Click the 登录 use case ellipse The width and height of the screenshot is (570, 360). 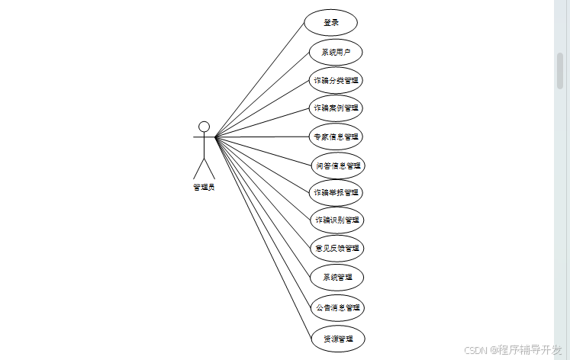pyautogui.click(x=330, y=22)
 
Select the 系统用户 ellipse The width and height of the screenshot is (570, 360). pyautogui.click(x=335, y=52)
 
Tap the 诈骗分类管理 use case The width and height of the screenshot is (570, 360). pyautogui.click(x=336, y=80)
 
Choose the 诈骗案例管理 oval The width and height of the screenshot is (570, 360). pyautogui.click(x=336, y=108)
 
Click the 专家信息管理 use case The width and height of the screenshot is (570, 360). pyautogui.click(x=336, y=137)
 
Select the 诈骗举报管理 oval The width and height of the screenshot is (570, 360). pyautogui.click(x=336, y=192)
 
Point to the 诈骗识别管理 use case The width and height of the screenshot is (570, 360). pyautogui.click(x=337, y=220)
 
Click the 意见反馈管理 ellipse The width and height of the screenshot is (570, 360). pyautogui.click(x=337, y=248)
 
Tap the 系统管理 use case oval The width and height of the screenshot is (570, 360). pyautogui.click(x=337, y=277)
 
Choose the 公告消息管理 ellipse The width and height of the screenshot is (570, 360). pyautogui.click(x=337, y=308)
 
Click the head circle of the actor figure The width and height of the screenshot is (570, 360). pyautogui.click(x=204, y=127)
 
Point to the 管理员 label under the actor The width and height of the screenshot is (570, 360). pyautogui.click(x=204, y=188)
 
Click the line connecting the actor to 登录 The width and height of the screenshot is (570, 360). pyautogui.click(x=259, y=79)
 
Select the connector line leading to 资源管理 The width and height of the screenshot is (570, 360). pyautogui.click(x=263, y=236)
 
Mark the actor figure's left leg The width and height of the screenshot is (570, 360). pyautogui.click(x=198, y=169)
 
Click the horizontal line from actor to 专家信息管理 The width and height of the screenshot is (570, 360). pyautogui.click(x=263, y=137)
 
